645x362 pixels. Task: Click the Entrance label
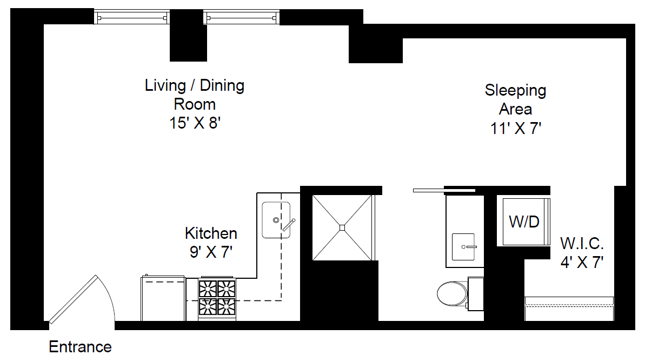point(80,347)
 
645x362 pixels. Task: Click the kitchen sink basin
point(276,220)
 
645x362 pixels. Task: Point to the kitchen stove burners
point(217,298)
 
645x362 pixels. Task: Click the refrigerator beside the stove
point(163,298)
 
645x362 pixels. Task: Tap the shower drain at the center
point(342,227)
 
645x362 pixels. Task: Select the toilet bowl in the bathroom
point(453,293)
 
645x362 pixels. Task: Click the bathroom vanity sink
point(463,247)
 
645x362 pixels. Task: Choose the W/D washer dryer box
point(524,222)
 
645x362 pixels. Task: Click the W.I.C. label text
point(582,244)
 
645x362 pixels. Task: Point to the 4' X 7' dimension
point(582,262)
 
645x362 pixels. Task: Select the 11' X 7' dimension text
point(515,129)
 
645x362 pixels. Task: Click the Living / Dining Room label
point(195,95)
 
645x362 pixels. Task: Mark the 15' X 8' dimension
point(195,123)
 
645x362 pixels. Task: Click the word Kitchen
point(211,233)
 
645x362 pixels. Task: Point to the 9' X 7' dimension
point(211,252)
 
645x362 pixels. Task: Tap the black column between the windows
point(188,35)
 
